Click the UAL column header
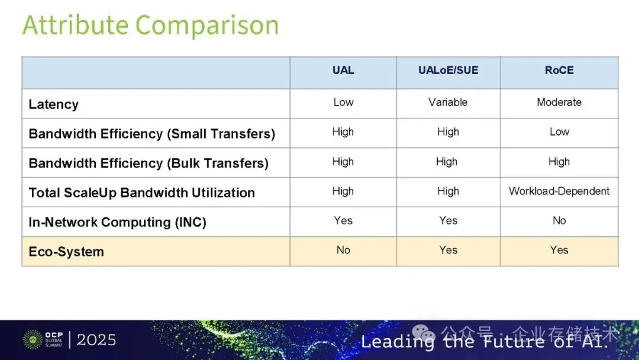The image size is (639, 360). [x=343, y=70]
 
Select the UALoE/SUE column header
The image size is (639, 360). [x=448, y=70]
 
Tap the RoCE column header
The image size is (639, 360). [x=559, y=70]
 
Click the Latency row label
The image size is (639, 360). [x=54, y=105]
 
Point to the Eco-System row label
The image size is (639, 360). [x=66, y=252]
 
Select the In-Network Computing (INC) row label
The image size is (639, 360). [x=117, y=222]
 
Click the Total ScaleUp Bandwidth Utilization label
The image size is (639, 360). [x=142, y=192]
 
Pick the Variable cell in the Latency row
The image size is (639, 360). [x=448, y=102]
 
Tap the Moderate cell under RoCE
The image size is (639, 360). [x=559, y=102]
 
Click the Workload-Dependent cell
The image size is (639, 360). [x=559, y=191]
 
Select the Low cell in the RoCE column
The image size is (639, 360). [x=559, y=132]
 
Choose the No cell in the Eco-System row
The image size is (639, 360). [x=343, y=250]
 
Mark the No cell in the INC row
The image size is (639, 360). [x=559, y=221]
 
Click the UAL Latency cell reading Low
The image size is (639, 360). [x=343, y=102]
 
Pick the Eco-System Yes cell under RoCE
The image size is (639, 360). [x=559, y=250]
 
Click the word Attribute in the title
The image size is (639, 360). [x=76, y=25]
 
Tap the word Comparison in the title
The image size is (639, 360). [x=207, y=25]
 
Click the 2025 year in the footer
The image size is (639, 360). [x=96, y=340]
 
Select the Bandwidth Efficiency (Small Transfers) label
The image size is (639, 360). [x=152, y=134]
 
